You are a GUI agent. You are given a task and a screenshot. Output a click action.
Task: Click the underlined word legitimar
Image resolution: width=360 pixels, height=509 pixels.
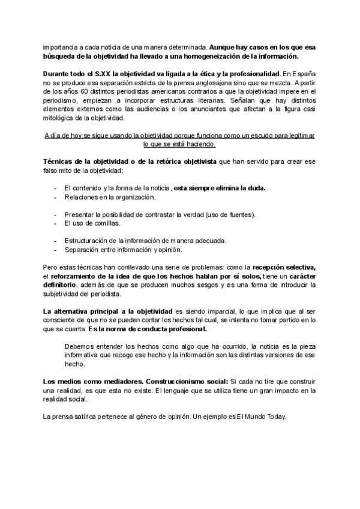click(x=298, y=136)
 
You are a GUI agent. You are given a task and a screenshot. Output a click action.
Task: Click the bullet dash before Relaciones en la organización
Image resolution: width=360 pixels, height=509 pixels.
click(x=56, y=197)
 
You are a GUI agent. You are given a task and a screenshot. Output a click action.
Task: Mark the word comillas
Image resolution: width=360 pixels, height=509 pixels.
click(x=104, y=223)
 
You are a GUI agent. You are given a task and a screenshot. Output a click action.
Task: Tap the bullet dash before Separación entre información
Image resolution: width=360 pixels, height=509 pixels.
click(x=56, y=250)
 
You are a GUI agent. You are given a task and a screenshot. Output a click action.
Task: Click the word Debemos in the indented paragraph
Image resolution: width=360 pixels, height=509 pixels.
click(x=80, y=346)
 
